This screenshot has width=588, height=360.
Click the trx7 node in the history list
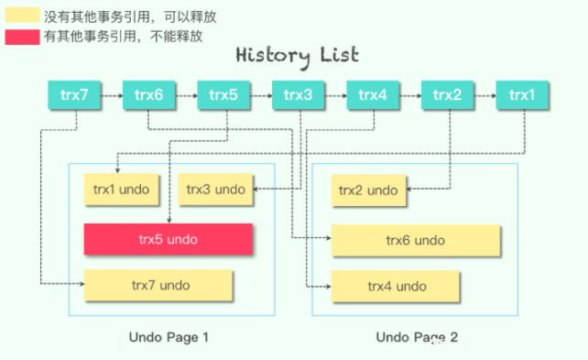pyautogui.click(x=74, y=94)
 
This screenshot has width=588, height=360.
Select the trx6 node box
pyautogui.click(x=148, y=94)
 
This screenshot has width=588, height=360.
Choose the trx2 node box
pyautogui.click(x=447, y=94)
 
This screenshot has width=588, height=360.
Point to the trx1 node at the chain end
pyautogui.click(x=521, y=94)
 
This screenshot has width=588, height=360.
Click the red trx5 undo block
pyautogui.click(x=169, y=239)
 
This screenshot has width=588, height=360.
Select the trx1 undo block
pyautogui.click(x=122, y=190)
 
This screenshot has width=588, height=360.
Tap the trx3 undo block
pyautogui.click(x=215, y=190)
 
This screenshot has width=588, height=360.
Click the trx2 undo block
pyautogui.click(x=368, y=191)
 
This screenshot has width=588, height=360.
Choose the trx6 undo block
pyautogui.click(x=415, y=239)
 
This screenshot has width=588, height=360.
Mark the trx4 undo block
pyautogui.click(x=397, y=286)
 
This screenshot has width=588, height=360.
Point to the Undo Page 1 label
pyautogui.click(x=169, y=338)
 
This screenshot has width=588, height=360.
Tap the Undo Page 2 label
pyautogui.click(x=417, y=338)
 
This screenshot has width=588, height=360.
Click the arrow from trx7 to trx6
pyautogui.click(x=112, y=94)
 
